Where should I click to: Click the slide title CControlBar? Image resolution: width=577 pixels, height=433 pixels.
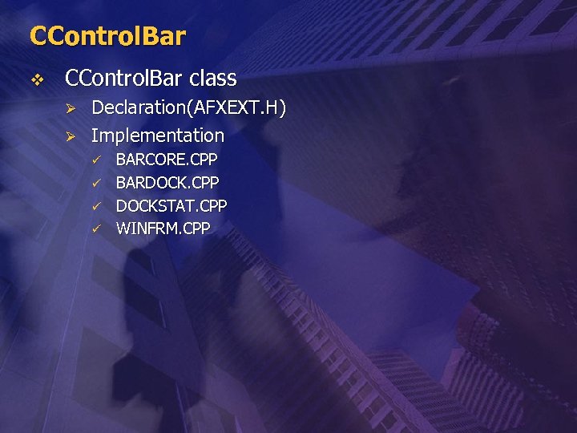click(107, 36)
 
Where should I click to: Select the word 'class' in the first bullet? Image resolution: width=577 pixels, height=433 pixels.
click(213, 79)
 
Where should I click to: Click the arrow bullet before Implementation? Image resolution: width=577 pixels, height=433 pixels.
click(71, 136)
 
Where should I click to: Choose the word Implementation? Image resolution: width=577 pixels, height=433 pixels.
click(158, 136)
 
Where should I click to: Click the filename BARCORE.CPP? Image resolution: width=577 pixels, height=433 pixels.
click(167, 160)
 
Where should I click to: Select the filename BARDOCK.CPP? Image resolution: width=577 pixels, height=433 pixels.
click(167, 182)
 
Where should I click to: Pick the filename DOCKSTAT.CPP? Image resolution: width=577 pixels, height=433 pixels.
click(171, 205)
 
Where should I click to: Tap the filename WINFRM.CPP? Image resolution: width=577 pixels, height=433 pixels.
click(163, 229)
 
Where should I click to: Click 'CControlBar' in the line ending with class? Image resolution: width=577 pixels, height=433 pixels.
click(124, 79)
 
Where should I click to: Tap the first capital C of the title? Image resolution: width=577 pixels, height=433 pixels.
click(38, 36)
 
